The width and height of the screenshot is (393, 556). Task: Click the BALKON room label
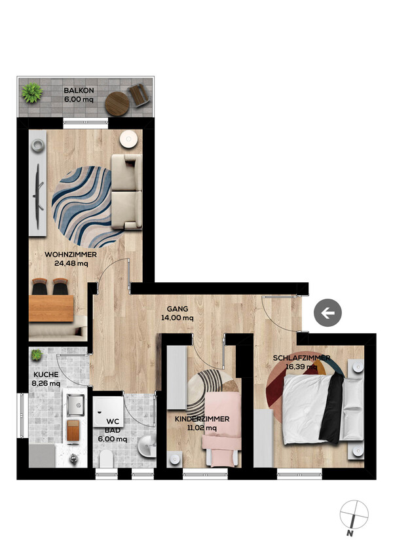(x=79, y=90)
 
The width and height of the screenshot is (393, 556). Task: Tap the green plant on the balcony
(x=32, y=93)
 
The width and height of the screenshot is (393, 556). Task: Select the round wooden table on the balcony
(x=117, y=103)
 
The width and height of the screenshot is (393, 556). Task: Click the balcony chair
(x=138, y=95)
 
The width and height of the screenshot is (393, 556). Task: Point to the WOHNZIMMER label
(x=71, y=255)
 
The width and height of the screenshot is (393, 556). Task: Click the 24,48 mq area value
(x=71, y=263)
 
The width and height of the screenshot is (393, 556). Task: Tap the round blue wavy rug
(x=87, y=207)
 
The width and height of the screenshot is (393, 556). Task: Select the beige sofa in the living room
(x=126, y=192)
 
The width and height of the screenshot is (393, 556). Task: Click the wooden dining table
(x=51, y=308)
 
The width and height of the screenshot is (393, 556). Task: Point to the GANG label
(x=178, y=309)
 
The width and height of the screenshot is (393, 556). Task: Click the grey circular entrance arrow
(x=327, y=313)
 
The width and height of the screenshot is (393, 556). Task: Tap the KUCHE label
(x=46, y=375)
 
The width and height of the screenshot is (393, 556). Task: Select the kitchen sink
(x=75, y=405)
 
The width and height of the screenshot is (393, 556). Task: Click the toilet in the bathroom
(x=106, y=459)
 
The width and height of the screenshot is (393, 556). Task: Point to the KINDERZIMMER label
(x=202, y=419)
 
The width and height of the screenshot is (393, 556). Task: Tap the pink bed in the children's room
(x=221, y=429)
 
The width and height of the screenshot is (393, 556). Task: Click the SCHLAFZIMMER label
(x=301, y=358)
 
